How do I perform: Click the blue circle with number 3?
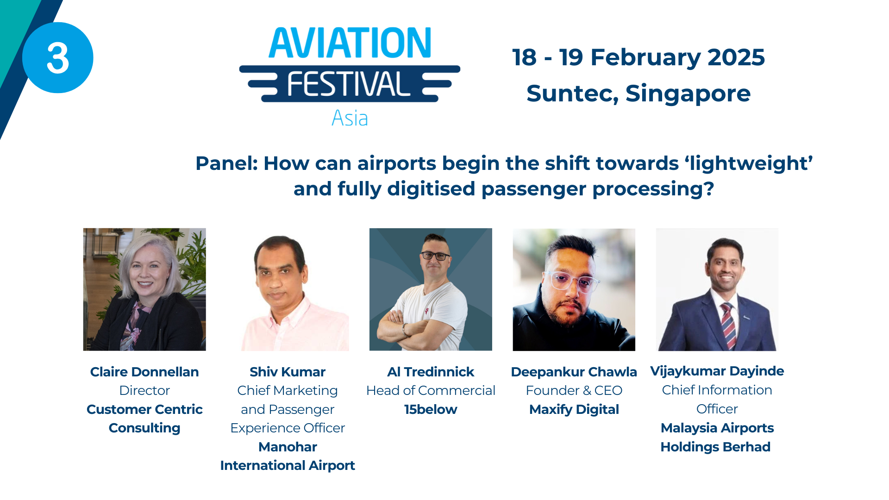(58, 58)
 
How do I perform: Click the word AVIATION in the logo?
(350, 43)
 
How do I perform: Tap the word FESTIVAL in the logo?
(349, 84)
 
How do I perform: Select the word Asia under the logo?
(350, 118)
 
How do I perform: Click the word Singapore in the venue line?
(688, 94)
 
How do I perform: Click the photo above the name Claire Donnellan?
(144, 289)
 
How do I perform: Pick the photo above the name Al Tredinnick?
(431, 289)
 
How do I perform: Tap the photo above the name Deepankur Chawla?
(574, 289)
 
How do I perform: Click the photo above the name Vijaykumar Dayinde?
(717, 289)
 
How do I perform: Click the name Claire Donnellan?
(144, 372)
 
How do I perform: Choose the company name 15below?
(431, 409)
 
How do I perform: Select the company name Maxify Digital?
(574, 410)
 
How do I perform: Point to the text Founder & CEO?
(574, 390)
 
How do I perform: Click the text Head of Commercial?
(431, 390)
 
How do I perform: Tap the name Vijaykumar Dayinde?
(717, 371)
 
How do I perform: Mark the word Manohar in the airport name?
(288, 447)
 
